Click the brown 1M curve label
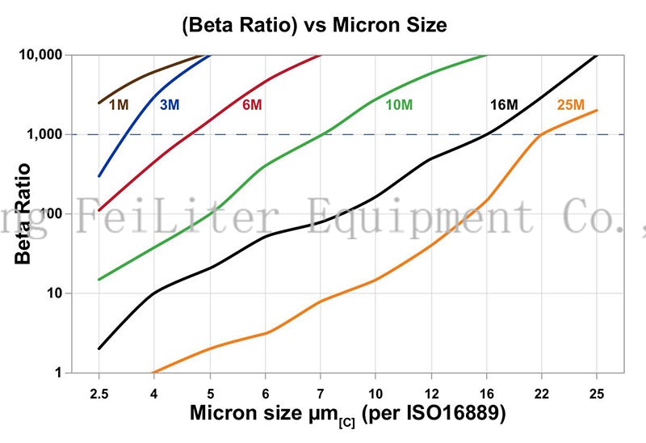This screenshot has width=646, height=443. tap(119, 104)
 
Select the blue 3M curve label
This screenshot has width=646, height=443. tap(170, 104)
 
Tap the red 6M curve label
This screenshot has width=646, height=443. tap(252, 104)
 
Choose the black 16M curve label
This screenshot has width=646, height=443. tap(504, 104)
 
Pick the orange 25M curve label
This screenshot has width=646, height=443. tap(570, 104)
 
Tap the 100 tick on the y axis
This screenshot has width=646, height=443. tap(55, 213)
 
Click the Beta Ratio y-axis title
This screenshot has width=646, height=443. tap(24, 214)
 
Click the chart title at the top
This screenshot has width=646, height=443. tap(315, 25)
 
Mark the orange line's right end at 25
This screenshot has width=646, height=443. tap(597, 111)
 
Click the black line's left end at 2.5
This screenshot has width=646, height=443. tap(99, 348)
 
